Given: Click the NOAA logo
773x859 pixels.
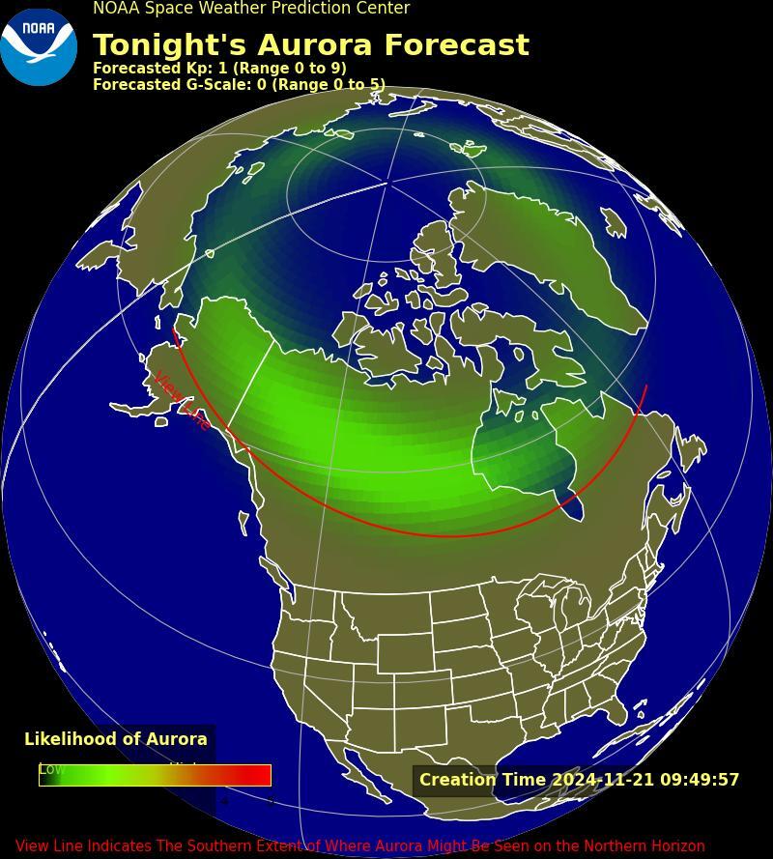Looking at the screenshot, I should coord(39,46).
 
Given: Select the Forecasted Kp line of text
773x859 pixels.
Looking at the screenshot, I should coord(219,69).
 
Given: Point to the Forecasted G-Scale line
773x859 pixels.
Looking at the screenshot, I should coord(239,85).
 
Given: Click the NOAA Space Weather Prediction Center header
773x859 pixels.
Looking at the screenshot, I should coord(251,9).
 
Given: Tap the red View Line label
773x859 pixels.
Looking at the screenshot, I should coord(183,400).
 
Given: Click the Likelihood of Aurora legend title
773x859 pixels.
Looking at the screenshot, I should coord(116,739).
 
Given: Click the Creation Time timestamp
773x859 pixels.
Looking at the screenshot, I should coord(579,780).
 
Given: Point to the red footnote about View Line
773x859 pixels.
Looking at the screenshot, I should coord(359,845).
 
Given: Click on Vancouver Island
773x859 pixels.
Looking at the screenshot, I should coord(243,523).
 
